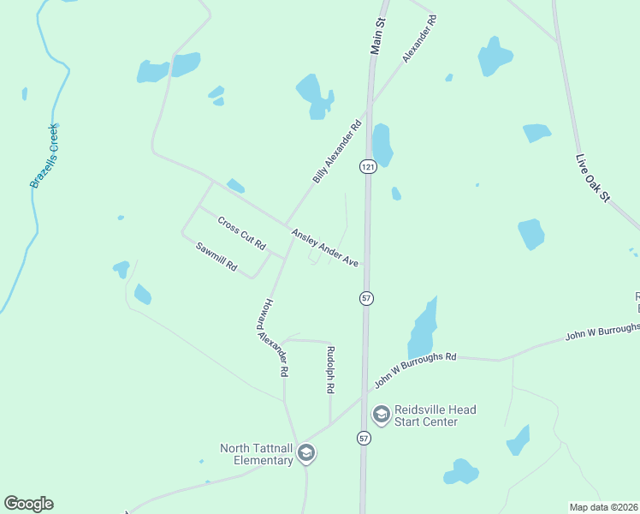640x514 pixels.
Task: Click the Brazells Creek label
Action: (x=44, y=156)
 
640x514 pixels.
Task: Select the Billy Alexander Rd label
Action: (x=337, y=152)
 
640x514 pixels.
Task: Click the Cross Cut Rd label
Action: (x=241, y=232)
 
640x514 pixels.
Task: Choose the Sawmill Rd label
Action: (x=216, y=257)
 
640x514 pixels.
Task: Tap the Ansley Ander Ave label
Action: (x=324, y=247)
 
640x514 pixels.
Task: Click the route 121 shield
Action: (x=366, y=165)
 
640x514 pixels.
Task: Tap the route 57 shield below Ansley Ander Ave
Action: (x=366, y=297)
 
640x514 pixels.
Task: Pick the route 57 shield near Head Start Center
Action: (x=364, y=438)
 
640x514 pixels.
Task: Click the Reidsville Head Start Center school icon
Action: (x=382, y=415)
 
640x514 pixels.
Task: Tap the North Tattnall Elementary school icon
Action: (x=305, y=454)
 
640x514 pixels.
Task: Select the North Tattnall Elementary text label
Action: (x=257, y=454)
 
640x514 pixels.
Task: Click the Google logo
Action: (x=28, y=504)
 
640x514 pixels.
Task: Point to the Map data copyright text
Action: (x=603, y=506)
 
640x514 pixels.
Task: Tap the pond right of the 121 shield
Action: (x=382, y=145)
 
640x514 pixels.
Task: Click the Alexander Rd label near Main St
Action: (x=419, y=38)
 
